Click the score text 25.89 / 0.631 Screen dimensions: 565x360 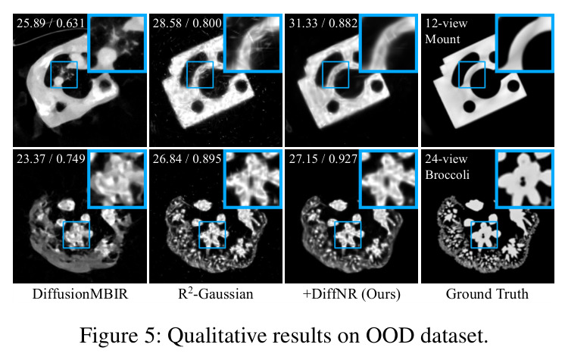(51, 23)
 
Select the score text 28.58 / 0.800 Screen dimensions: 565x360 (186, 23)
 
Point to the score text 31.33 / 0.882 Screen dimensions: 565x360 (323, 23)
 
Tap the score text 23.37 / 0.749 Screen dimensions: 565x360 (51, 158)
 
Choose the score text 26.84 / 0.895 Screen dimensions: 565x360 (186, 158)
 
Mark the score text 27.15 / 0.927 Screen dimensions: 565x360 (323, 158)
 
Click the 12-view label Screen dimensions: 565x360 (446, 23)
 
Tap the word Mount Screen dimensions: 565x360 (442, 39)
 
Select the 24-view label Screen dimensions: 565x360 (446, 159)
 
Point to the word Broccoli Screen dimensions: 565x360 (447, 174)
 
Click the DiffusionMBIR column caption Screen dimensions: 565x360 (80, 294)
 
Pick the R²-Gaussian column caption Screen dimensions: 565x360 (216, 293)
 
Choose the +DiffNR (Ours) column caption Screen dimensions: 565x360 (351, 294)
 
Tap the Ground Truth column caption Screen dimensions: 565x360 (487, 293)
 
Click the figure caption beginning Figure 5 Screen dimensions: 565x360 (283, 336)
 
